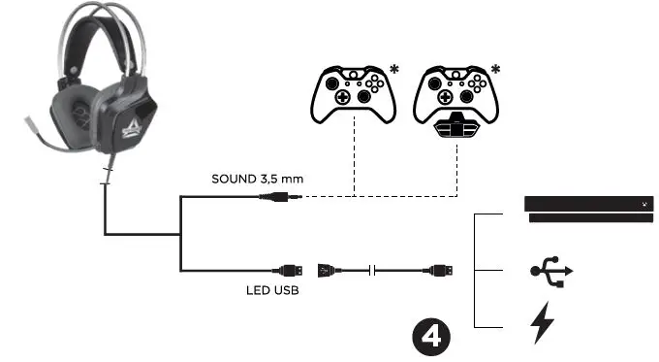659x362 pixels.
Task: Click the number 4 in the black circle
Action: coord(431,336)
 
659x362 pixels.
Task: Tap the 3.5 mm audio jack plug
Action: coord(281,196)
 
